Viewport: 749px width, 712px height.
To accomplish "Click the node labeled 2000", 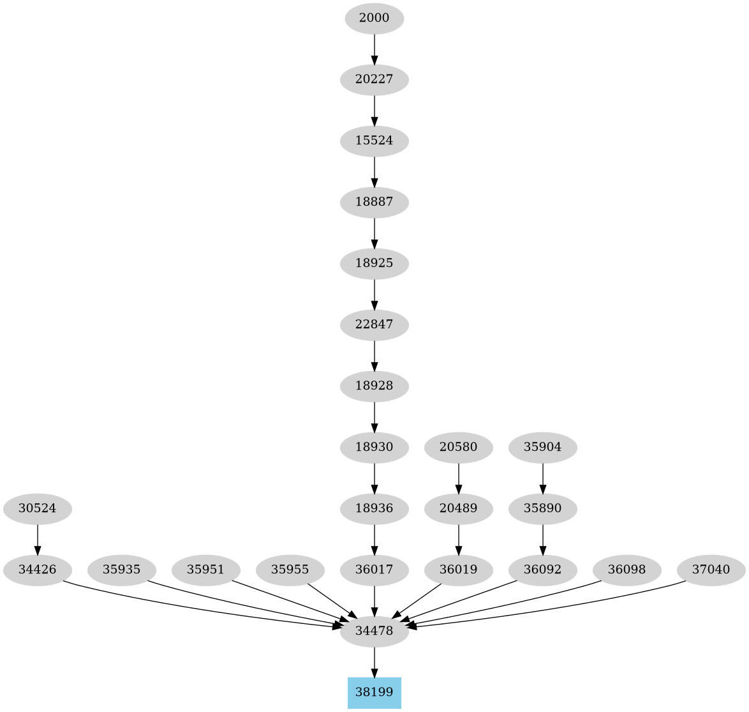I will pyautogui.click(x=374, y=19).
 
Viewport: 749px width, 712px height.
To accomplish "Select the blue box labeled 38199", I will pyautogui.click(x=374, y=692).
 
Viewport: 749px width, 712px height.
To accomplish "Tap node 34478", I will pyautogui.click(x=374, y=632).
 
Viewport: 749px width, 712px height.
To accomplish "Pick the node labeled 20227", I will pyautogui.click(x=374, y=80).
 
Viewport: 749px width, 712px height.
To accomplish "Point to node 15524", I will pyautogui.click(x=374, y=140).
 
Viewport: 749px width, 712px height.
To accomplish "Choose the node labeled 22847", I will pyautogui.click(x=374, y=325).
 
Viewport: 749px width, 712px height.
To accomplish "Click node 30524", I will pyautogui.click(x=38, y=509).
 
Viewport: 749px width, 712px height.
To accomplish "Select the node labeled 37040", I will pyautogui.click(x=711, y=569).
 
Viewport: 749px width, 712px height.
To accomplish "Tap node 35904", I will pyautogui.click(x=543, y=448).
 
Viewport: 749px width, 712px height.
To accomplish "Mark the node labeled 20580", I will pyautogui.click(x=459, y=448).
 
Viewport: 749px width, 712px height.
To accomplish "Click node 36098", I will pyautogui.click(x=627, y=569).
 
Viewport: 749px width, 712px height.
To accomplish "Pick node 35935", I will pyautogui.click(x=122, y=569).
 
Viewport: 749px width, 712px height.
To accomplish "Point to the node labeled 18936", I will pyautogui.click(x=374, y=509).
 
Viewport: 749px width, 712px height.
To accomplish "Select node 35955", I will pyautogui.click(x=290, y=569).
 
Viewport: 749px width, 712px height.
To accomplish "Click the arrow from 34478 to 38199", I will pyautogui.click(x=374, y=662).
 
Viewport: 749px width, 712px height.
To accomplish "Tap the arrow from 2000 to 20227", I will pyautogui.click(x=374, y=49).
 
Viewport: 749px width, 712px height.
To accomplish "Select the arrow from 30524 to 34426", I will pyautogui.click(x=38, y=539).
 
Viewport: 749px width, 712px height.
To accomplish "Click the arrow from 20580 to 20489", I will pyautogui.click(x=459, y=478).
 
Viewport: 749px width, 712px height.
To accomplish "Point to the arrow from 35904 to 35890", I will pyautogui.click(x=543, y=478).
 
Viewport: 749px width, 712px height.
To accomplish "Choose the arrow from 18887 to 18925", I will pyautogui.click(x=374, y=233).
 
